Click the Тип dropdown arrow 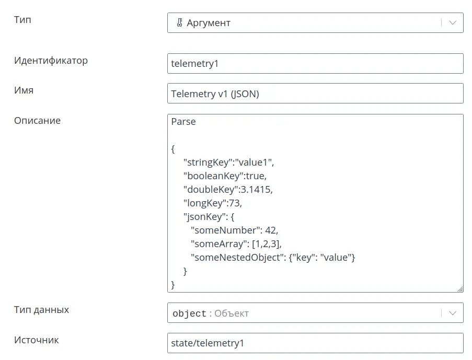click(x=453, y=22)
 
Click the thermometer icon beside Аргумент click(x=179, y=22)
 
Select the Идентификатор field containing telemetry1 click(x=315, y=64)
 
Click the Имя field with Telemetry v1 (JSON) click(x=315, y=94)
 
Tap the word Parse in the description click(x=183, y=122)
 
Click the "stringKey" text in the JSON click(x=208, y=162)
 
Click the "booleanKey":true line click(x=225, y=176)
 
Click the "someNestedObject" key click(x=237, y=258)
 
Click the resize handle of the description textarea click(x=460, y=289)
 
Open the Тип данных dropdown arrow click(x=453, y=313)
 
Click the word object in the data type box click(x=189, y=313)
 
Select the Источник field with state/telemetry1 click(x=315, y=343)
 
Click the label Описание click(x=37, y=120)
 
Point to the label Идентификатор click(x=51, y=61)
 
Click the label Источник click(x=37, y=340)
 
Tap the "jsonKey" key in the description click(x=204, y=217)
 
